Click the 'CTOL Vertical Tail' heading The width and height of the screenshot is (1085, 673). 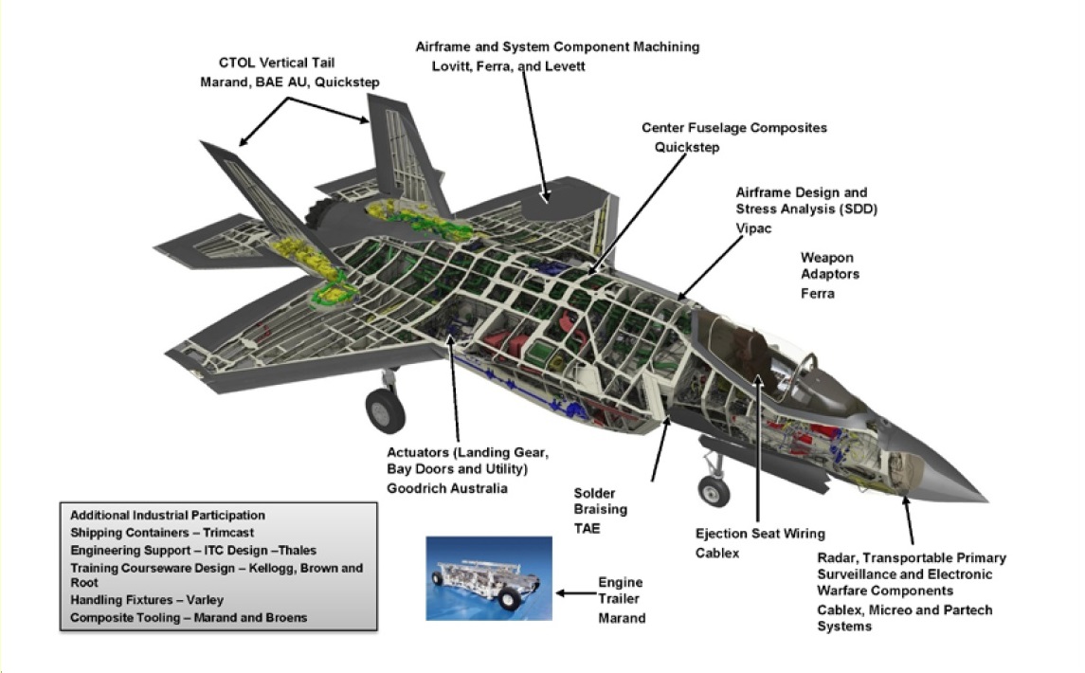click(276, 64)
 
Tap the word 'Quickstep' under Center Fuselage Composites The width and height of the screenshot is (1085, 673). click(687, 147)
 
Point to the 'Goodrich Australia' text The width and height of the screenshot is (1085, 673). click(446, 488)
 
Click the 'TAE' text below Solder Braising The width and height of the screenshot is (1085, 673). click(587, 528)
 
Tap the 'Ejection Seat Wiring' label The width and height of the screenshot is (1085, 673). click(760, 534)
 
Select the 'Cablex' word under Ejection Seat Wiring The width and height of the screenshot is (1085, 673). click(717, 553)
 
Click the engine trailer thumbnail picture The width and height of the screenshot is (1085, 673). click(488, 577)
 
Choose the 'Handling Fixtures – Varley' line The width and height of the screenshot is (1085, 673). click(146, 600)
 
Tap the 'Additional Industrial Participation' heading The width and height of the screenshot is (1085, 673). click(168, 516)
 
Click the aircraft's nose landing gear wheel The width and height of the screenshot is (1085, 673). click(714, 491)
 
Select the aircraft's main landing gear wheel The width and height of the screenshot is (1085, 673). click(385, 410)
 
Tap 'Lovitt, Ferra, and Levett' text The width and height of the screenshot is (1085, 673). click(509, 66)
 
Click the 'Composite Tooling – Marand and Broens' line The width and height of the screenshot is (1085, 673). click(188, 617)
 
